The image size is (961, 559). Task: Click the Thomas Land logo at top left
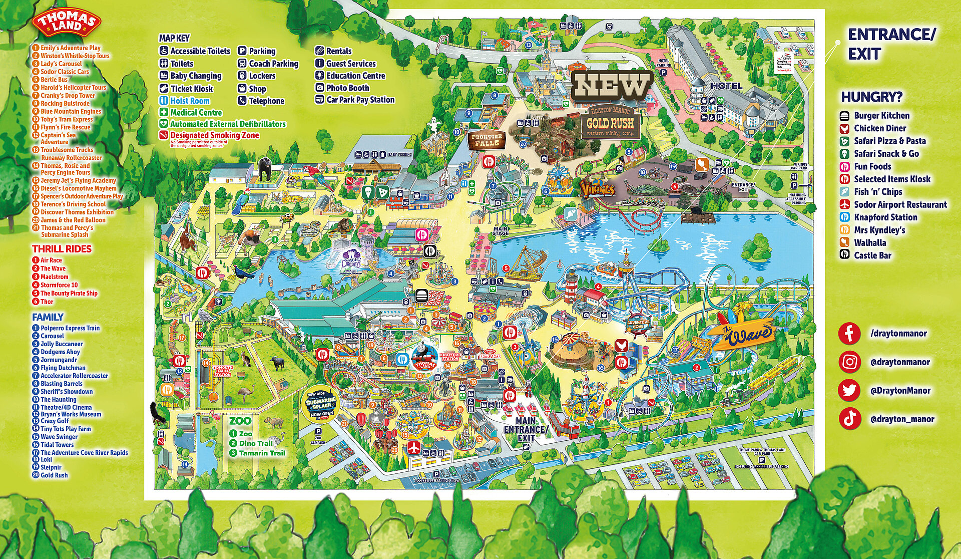tap(67, 23)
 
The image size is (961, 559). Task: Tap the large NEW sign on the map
tap(612, 86)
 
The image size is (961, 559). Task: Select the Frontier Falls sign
tap(487, 140)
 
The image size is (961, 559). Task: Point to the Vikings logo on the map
tap(597, 189)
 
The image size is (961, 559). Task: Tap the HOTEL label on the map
tap(726, 86)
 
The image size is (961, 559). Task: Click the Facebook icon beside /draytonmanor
tap(849, 334)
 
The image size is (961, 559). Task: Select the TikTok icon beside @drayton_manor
tap(849, 419)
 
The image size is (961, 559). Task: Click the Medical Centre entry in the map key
tap(196, 113)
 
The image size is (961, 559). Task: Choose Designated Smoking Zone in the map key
tap(214, 135)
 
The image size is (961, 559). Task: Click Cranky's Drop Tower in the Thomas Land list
tap(68, 95)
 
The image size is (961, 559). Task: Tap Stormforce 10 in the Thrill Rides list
tap(59, 285)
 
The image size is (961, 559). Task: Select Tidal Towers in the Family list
tap(57, 445)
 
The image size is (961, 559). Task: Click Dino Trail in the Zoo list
tap(255, 443)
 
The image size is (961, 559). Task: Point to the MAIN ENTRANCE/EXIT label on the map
tap(526, 429)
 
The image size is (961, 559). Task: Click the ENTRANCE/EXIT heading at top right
tap(891, 44)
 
